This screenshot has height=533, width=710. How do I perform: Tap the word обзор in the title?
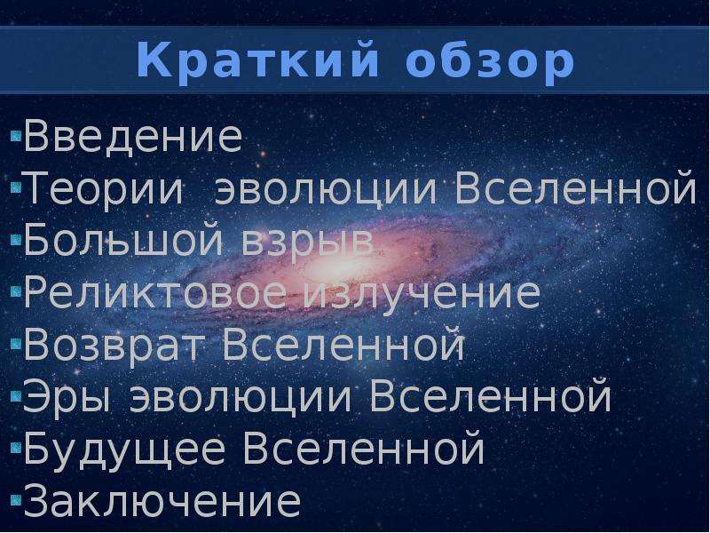pyautogui.click(x=490, y=60)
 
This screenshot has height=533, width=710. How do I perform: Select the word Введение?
pyautogui.click(x=132, y=136)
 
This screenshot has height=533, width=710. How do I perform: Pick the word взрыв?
pyautogui.click(x=306, y=245)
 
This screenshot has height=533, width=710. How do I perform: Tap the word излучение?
pyautogui.click(x=422, y=297)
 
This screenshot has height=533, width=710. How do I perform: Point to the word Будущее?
pyautogui.click(x=124, y=449)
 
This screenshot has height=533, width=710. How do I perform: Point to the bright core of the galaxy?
pyautogui.click(x=329, y=265)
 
